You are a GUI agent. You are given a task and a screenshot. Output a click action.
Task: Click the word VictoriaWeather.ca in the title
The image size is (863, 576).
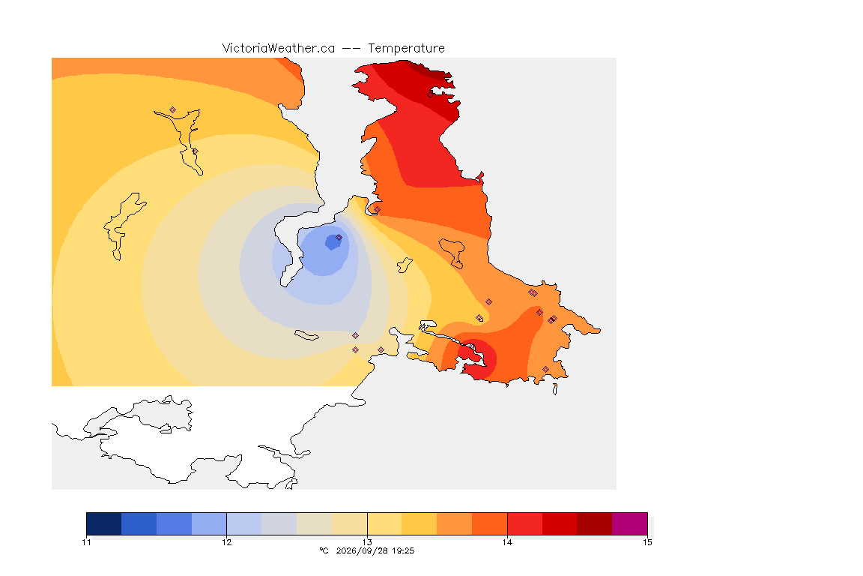coord(279,48)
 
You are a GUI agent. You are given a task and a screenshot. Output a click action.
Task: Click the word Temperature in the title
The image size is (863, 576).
coord(406,48)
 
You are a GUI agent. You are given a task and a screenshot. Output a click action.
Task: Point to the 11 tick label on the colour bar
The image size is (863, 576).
coord(86,542)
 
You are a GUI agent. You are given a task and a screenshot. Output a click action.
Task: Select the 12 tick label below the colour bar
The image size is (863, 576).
coord(227,542)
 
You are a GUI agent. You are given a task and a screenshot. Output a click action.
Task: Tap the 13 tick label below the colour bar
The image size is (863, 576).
coord(367,542)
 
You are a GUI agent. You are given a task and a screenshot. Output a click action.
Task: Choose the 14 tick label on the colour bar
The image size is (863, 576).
coord(507,542)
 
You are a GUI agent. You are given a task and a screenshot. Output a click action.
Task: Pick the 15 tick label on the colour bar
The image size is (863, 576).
coord(647,542)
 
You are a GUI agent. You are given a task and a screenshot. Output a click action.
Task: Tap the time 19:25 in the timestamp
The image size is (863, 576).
coord(404,550)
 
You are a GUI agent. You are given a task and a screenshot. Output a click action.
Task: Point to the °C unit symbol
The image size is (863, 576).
coord(324,550)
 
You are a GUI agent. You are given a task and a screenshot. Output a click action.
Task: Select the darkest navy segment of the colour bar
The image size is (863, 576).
coord(104,523)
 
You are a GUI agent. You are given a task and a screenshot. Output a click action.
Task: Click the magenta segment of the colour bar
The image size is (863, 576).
coord(629,523)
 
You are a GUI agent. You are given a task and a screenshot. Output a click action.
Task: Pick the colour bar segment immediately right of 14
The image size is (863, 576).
coord(524,523)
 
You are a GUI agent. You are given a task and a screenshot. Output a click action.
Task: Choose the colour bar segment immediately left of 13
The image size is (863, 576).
coord(350,523)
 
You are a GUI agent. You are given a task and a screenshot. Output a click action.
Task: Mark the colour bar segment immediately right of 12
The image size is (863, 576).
coord(243,523)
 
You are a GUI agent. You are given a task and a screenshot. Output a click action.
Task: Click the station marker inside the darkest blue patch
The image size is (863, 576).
coord(339,238)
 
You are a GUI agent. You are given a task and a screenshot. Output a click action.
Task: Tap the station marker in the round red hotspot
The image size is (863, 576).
coord(472,346)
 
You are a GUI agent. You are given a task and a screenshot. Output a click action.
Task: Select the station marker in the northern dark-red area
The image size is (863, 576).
coord(431,94)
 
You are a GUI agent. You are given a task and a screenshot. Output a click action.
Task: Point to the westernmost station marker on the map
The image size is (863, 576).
coord(173,110)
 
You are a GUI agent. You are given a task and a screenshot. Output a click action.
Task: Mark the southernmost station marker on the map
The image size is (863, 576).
coord(545,369)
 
